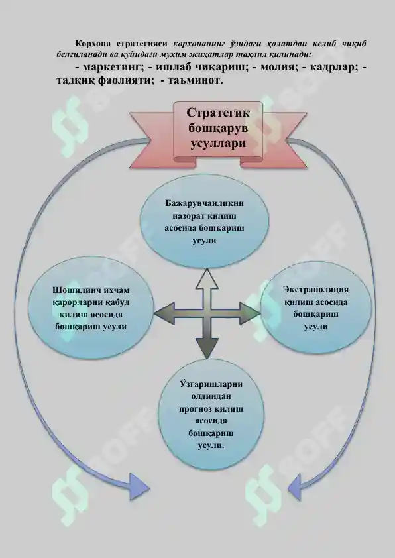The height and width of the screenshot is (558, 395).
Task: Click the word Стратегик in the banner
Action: coord(218,113)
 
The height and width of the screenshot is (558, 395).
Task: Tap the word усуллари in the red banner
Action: coord(218,143)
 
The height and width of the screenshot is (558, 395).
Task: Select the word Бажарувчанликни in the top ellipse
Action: coord(205,203)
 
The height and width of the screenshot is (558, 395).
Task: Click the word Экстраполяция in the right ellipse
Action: coord(315,290)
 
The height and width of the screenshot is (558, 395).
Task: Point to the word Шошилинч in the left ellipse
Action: coord(76,290)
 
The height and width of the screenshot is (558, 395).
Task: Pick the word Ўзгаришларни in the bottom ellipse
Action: coord(211,384)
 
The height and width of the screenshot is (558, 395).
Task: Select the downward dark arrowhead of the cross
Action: coord(207,347)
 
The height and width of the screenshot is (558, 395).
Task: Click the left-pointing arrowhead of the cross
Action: coord(164,313)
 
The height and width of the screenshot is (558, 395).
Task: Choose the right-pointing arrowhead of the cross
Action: coord(249,313)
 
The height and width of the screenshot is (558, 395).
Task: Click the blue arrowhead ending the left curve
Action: coord(139,486)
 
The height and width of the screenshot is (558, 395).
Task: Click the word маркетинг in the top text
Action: coord(113,66)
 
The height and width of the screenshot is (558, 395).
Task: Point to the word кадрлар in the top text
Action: coord(334,66)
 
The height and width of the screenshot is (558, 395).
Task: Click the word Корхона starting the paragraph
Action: coord(93,44)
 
